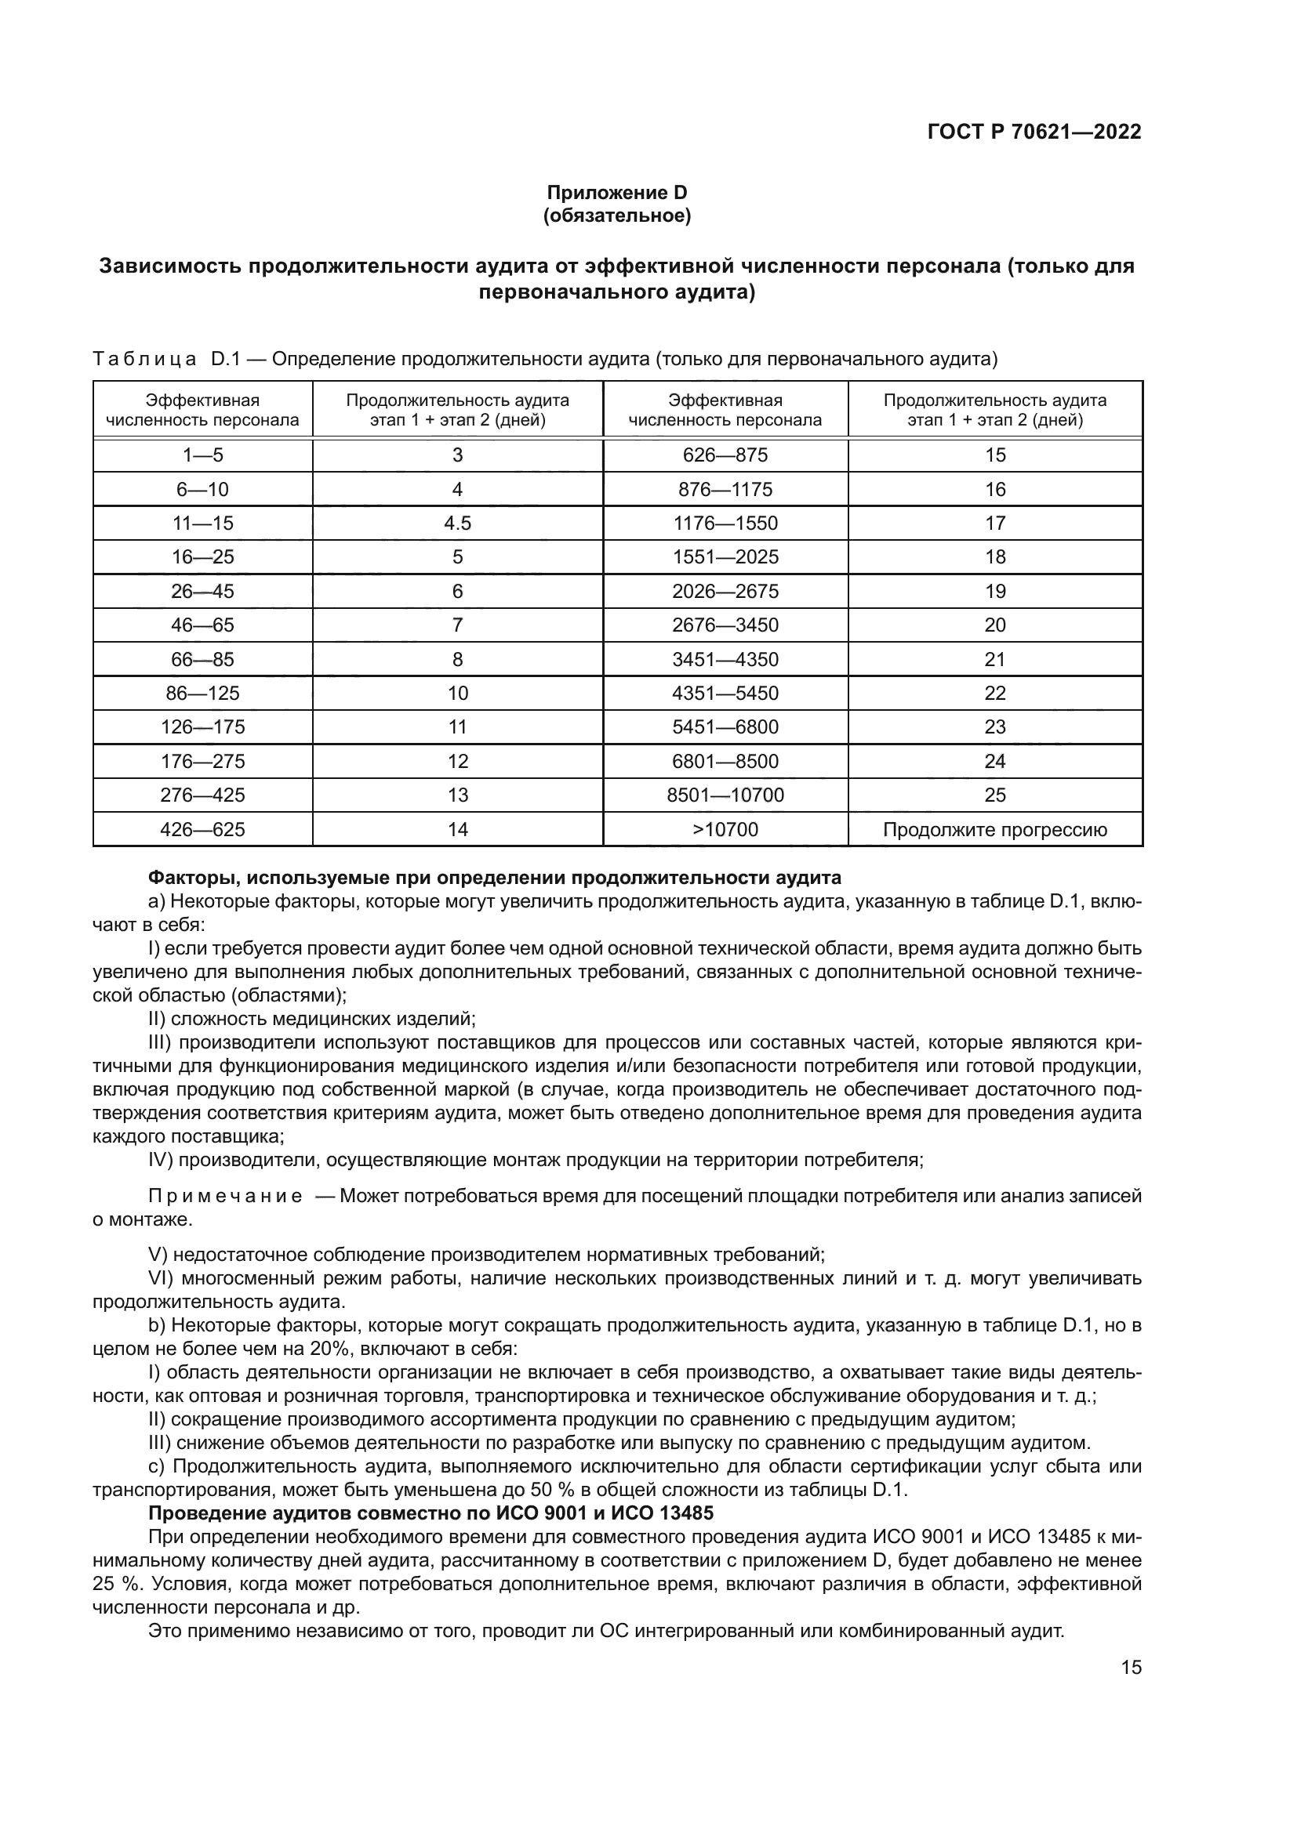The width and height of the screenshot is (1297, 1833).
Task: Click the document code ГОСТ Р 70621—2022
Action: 1034,132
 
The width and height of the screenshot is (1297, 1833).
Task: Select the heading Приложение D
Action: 616,193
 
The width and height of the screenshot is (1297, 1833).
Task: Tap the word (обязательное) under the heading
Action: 616,216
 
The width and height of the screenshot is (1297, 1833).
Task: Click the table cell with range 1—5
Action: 202,455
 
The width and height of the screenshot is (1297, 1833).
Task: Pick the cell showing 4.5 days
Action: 457,523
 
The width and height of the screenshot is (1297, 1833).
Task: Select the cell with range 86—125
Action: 202,693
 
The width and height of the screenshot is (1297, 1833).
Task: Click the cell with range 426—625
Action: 202,829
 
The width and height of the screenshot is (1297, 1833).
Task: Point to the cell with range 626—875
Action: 725,455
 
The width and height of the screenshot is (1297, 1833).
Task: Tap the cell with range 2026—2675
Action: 725,592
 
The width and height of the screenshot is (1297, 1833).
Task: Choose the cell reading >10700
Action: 725,829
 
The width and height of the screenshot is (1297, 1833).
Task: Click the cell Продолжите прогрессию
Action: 994,829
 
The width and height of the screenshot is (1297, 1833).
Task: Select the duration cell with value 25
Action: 994,795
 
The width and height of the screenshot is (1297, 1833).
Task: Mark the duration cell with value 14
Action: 457,829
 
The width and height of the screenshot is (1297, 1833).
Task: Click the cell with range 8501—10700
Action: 725,795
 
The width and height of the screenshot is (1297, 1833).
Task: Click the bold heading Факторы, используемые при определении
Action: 494,878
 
